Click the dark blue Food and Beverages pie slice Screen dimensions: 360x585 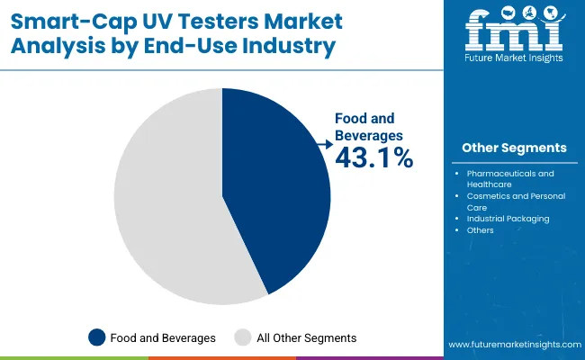[x=279, y=189]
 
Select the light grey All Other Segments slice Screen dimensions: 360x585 [x=171, y=193]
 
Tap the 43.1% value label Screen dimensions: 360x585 [x=373, y=158]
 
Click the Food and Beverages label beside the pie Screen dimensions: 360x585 [x=370, y=126]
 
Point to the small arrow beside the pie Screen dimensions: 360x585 [x=323, y=142]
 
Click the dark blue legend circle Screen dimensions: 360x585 [x=97, y=337]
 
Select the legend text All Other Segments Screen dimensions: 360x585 [x=307, y=337]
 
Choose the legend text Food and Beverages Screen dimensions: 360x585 [x=163, y=337]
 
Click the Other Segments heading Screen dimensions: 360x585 [x=514, y=148]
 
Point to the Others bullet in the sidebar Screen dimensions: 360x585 [x=481, y=230]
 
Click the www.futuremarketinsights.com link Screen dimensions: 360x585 [x=512, y=345]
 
